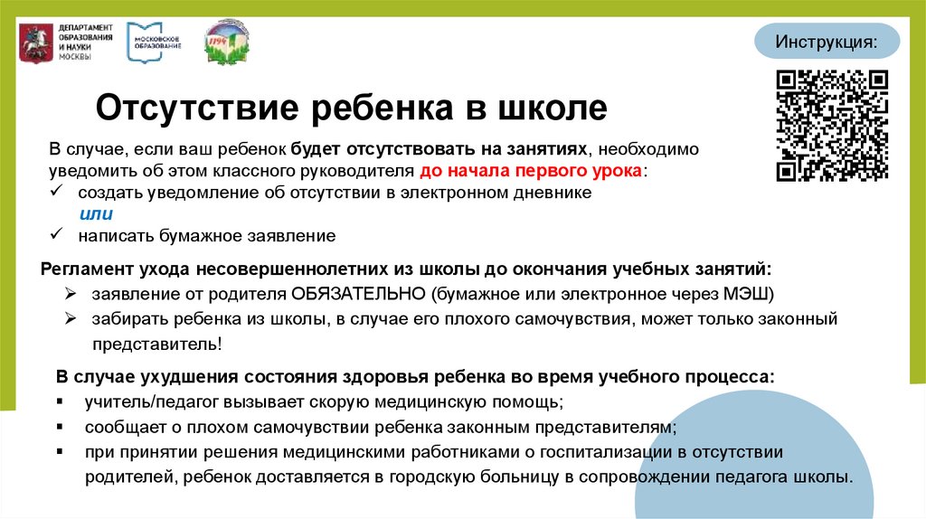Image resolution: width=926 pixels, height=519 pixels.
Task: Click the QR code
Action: pos(833,126)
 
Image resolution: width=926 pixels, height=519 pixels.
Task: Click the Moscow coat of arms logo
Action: pos(34,42)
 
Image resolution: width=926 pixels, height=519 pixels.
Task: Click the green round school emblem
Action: pos(227,42)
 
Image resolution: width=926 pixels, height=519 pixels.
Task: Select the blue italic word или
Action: pos(96,214)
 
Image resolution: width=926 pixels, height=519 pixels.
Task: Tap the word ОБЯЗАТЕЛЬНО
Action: pos(359,295)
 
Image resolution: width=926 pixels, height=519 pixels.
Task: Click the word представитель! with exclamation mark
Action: pos(156,344)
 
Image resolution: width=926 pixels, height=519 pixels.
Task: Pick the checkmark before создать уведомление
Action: pos(57,193)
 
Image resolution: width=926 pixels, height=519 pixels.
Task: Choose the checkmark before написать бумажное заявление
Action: pos(57,235)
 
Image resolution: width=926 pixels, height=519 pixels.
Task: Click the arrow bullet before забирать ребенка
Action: pos(71,319)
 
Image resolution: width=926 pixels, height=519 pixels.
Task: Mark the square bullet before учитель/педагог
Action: pos(60,401)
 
